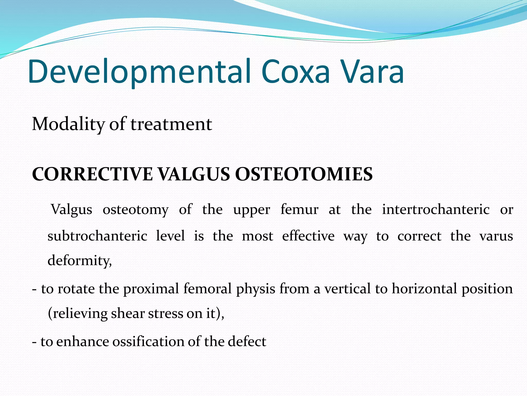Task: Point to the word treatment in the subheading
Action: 171,125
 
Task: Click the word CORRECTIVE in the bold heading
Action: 92,174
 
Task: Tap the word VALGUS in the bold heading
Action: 194,174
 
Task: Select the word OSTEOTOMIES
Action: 304,174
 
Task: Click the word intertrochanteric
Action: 436,209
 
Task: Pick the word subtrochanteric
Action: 97,236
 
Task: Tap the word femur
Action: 299,209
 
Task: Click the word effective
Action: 308,236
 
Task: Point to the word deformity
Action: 79,260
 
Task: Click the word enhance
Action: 82,342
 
